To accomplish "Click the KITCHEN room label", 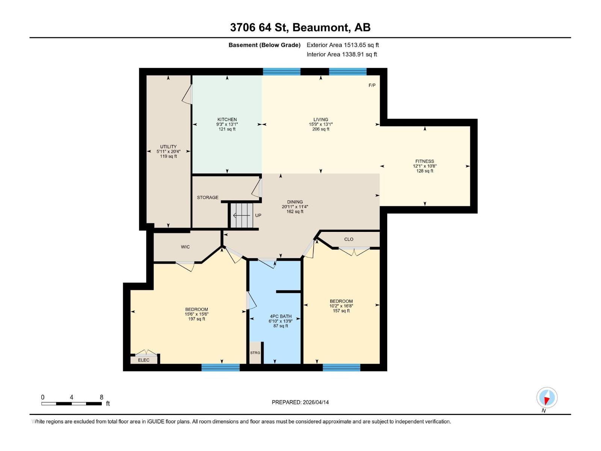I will point(227,120).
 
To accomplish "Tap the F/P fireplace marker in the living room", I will point(372,85).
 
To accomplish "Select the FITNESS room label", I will point(424,161).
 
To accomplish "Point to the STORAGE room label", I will point(207,197).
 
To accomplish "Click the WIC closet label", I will point(185,247).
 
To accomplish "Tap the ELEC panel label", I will point(143,360).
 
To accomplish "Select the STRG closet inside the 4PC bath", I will point(255,353).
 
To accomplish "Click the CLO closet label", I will point(349,239).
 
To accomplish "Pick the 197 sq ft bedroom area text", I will point(196,319).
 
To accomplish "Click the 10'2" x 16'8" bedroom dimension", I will point(341,306).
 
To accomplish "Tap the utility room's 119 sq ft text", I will point(168,156).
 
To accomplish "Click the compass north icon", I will point(547,398).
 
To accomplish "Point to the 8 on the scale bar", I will point(101,397).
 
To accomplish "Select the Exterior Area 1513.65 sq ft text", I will point(343,45).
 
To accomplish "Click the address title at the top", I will point(300,27).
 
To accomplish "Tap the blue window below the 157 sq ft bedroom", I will point(341,368).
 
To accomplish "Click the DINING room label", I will point(295,202).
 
